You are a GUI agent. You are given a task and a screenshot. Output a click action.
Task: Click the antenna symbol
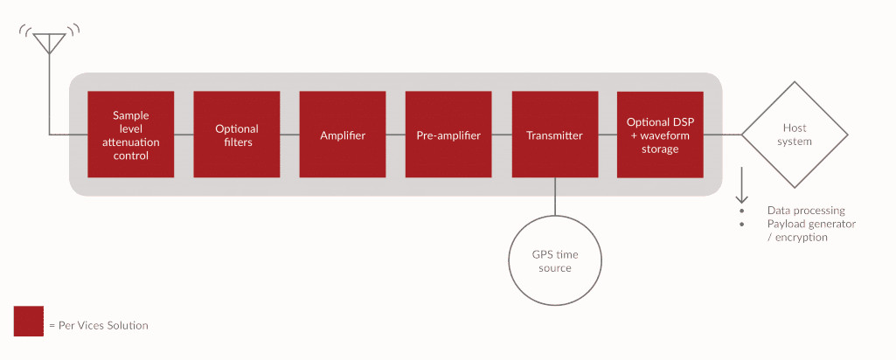pyautogui.click(x=50, y=42)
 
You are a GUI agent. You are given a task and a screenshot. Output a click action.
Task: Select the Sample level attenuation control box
pyautogui.click(x=131, y=135)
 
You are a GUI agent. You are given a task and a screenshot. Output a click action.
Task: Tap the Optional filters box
pyautogui.click(x=237, y=135)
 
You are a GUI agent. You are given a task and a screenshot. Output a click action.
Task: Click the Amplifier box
pyautogui.click(x=343, y=135)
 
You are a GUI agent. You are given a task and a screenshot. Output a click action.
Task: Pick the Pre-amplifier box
pyautogui.click(x=448, y=135)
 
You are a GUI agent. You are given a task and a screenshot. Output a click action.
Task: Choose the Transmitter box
pyautogui.click(x=555, y=135)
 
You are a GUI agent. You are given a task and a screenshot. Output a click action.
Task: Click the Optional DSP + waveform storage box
pyautogui.click(x=660, y=135)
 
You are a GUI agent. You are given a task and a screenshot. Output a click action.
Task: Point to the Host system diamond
pyautogui.click(x=795, y=135)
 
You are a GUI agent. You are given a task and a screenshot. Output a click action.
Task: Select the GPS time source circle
pyautogui.click(x=555, y=260)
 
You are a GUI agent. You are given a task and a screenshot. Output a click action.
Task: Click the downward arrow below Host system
pyautogui.click(x=742, y=183)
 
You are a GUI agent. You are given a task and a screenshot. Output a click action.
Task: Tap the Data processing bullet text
pyautogui.click(x=805, y=211)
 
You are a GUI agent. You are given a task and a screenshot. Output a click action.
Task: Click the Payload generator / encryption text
pyautogui.click(x=810, y=230)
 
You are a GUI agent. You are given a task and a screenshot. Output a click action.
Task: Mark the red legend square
pyautogui.click(x=29, y=321)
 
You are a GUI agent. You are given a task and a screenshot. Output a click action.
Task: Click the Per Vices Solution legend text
pyautogui.click(x=99, y=325)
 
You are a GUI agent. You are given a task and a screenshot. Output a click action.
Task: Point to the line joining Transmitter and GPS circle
pyautogui.click(x=555, y=197)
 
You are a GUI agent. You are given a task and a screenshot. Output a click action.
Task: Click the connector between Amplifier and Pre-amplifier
pyautogui.click(x=396, y=135)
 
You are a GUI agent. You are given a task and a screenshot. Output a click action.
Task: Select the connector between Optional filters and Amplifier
pyautogui.click(x=290, y=135)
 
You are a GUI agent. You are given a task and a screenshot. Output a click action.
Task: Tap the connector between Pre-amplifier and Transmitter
pyautogui.click(x=502, y=135)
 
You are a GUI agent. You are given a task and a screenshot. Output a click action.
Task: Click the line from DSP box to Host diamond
pyautogui.click(x=723, y=135)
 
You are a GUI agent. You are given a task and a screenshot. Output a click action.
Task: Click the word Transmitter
pyautogui.click(x=555, y=135)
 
